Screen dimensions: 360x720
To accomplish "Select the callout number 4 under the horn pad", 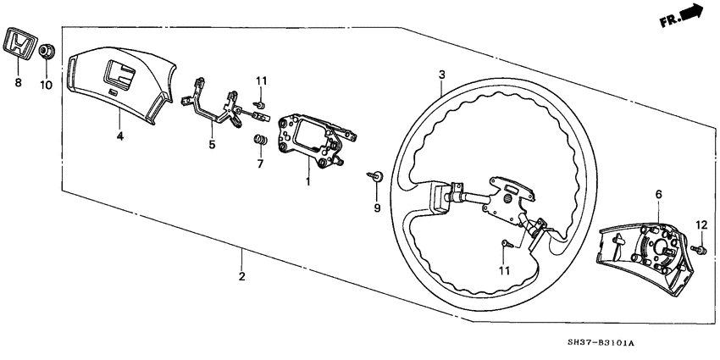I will click(x=119, y=136).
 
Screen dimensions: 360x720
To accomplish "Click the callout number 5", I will click(x=213, y=145).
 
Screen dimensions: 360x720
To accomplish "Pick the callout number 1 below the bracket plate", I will click(x=308, y=181).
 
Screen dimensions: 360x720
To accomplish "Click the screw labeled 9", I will click(x=375, y=176).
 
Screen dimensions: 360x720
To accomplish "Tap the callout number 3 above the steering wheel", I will click(x=441, y=75).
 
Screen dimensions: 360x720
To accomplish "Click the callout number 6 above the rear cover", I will click(x=657, y=194).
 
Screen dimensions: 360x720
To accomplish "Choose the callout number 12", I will click(x=701, y=224).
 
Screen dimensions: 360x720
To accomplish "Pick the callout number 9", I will click(x=377, y=208).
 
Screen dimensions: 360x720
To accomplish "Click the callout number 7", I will click(x=260, y=162).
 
